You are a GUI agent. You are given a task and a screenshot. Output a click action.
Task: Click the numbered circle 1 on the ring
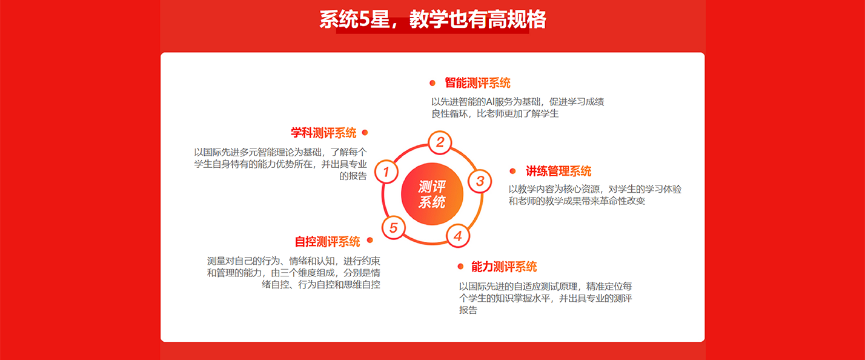click(x=386, y=172)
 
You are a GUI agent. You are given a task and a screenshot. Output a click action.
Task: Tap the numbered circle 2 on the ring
click(x=440, y=142)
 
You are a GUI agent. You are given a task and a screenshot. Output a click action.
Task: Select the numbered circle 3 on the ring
click(x=480, y=181)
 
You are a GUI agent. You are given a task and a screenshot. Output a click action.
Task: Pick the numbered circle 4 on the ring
click(x=457, y=236)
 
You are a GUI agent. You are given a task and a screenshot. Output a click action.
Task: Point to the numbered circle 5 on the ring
click(x=394, y=227)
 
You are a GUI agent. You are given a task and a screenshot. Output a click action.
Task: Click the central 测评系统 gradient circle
click(x=432, y=194)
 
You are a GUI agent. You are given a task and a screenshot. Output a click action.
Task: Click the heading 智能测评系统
click(x=478, y=82)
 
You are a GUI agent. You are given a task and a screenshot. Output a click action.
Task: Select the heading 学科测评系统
click(x=323, y=133)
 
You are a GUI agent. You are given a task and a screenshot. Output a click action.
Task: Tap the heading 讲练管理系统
click(x=558, y=171)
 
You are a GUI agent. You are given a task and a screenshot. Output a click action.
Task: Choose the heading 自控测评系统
click(x=328, y=242)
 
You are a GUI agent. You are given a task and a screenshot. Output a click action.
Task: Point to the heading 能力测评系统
click(x=504, y=267)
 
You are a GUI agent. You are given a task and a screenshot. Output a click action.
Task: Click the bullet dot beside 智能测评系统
click(x=432, y=83)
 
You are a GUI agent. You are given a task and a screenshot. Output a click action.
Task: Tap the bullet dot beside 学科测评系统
click(x=365, y=133)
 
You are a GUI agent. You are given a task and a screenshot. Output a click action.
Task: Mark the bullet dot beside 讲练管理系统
click(x=513, y=171)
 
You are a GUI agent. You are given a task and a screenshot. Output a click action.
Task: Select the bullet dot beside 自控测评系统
click(x=370, y=240)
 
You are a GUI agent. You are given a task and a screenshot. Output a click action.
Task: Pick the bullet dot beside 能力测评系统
click(x=460, y=266)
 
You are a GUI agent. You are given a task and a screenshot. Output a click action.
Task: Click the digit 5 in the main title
click(x=364, y=19)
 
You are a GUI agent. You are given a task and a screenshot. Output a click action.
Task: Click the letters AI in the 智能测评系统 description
click(x=490, y=102)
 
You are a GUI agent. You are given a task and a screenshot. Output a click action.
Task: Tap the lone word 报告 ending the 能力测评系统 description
click(x=468, y=310)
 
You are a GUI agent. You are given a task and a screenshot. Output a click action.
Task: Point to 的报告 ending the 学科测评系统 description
click(x=353, y=176)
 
